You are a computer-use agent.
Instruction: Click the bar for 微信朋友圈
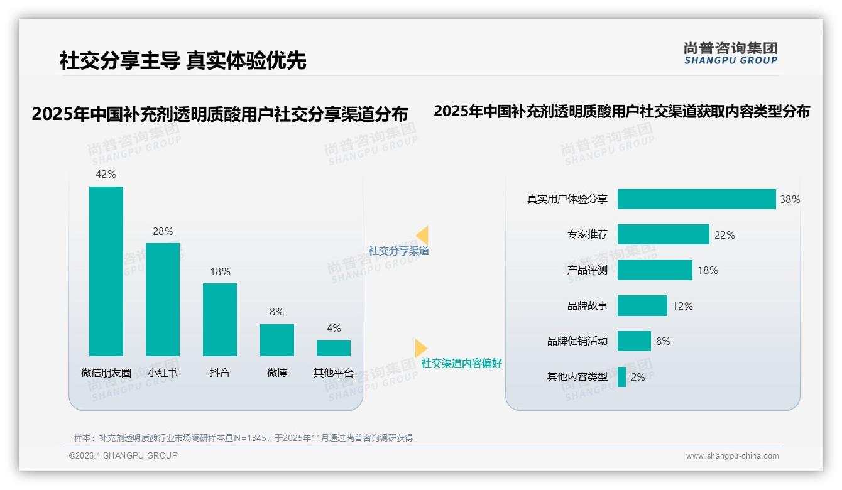[x=106, y=271]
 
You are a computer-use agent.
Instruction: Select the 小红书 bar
[x=163, y=299]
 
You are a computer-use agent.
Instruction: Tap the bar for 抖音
[x=220, y=319]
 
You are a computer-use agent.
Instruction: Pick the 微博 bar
[x=277, y=340]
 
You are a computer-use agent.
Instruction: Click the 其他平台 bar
[x=334, y=348]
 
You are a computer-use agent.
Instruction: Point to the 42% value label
[x=106, y=174]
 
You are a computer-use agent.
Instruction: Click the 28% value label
[x=163, y=231]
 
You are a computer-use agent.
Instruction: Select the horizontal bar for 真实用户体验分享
[x=696, y=199]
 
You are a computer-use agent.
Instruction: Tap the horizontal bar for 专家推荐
[x=663, y=234]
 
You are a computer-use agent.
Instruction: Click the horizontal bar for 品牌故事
[x=642, y=306]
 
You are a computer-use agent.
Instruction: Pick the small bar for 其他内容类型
[x=621, y=377]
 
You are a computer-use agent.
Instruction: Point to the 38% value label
[x=790, y=199]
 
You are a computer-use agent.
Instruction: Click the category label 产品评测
[x=588, y=270]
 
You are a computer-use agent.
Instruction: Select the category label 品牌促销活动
[x=577, y=341]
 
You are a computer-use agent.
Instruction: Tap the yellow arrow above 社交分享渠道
[x=422, y=235]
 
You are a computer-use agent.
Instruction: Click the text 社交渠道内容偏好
[x=462, y=363]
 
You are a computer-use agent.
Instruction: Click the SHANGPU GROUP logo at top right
[x=731, y=53]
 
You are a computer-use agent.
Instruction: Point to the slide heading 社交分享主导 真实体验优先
[x=183, y=60]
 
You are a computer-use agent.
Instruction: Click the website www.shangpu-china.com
[x=732, y=456]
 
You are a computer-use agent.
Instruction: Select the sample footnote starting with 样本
[x=243, y=438]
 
